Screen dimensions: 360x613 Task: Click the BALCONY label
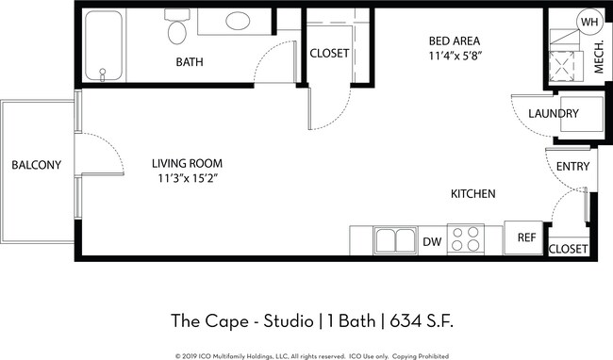(x=36, y=165)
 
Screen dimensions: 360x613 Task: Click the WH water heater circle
(x=588, y=22)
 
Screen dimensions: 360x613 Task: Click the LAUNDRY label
(x=553, y=114)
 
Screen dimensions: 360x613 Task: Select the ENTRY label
(x=572, y=167)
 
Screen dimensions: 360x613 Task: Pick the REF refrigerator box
(x=525, y=237)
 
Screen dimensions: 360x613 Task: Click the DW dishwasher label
(x=432, y=242)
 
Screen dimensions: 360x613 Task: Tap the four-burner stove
(x=465, y=238)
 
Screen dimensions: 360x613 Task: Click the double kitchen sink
(x=395, y=240)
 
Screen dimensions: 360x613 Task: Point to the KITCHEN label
(x=472, y=193)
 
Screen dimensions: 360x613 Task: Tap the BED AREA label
(x=455, y=41)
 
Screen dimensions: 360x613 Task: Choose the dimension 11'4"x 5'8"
(x=455, y=56)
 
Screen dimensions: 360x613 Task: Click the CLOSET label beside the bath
(x=329, y=54)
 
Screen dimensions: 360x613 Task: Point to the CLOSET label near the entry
(x=568, y=249)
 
